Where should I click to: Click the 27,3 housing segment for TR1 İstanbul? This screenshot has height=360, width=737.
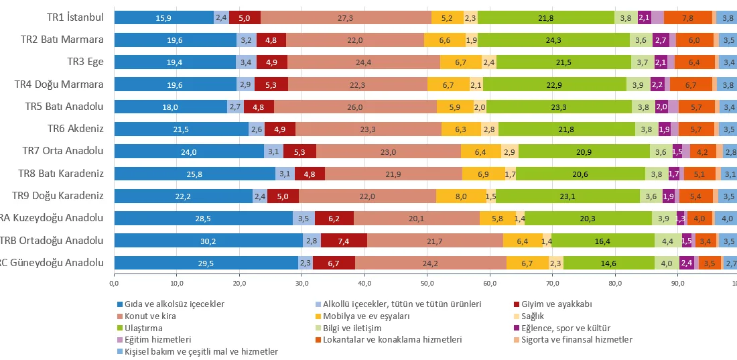pyautogui.click(x=346, y=17)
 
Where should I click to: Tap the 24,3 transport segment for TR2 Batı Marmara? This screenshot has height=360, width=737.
pyautogui.click(x=553, y=40)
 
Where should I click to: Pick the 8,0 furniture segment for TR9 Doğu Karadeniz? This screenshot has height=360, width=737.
pyautogui.click(x=460, y=196)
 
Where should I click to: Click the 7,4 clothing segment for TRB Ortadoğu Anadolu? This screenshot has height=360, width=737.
pyautogui.click(x=344, y=241)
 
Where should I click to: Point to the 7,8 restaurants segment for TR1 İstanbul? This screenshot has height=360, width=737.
pyautogui.click(x=687, y=17)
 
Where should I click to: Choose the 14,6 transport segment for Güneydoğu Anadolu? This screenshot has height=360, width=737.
pyautogui.click(x=608, y=263)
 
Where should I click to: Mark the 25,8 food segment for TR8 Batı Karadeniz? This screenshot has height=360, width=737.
pyautogui.click(x=194, y=174)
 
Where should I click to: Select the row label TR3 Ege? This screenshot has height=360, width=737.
pyautogui.click(x=85, y=62)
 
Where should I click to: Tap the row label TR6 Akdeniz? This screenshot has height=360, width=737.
pyautogui.click(x=75, y=129)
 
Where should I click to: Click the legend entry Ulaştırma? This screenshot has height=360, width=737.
pyautogui.click(x=140, y=328)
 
